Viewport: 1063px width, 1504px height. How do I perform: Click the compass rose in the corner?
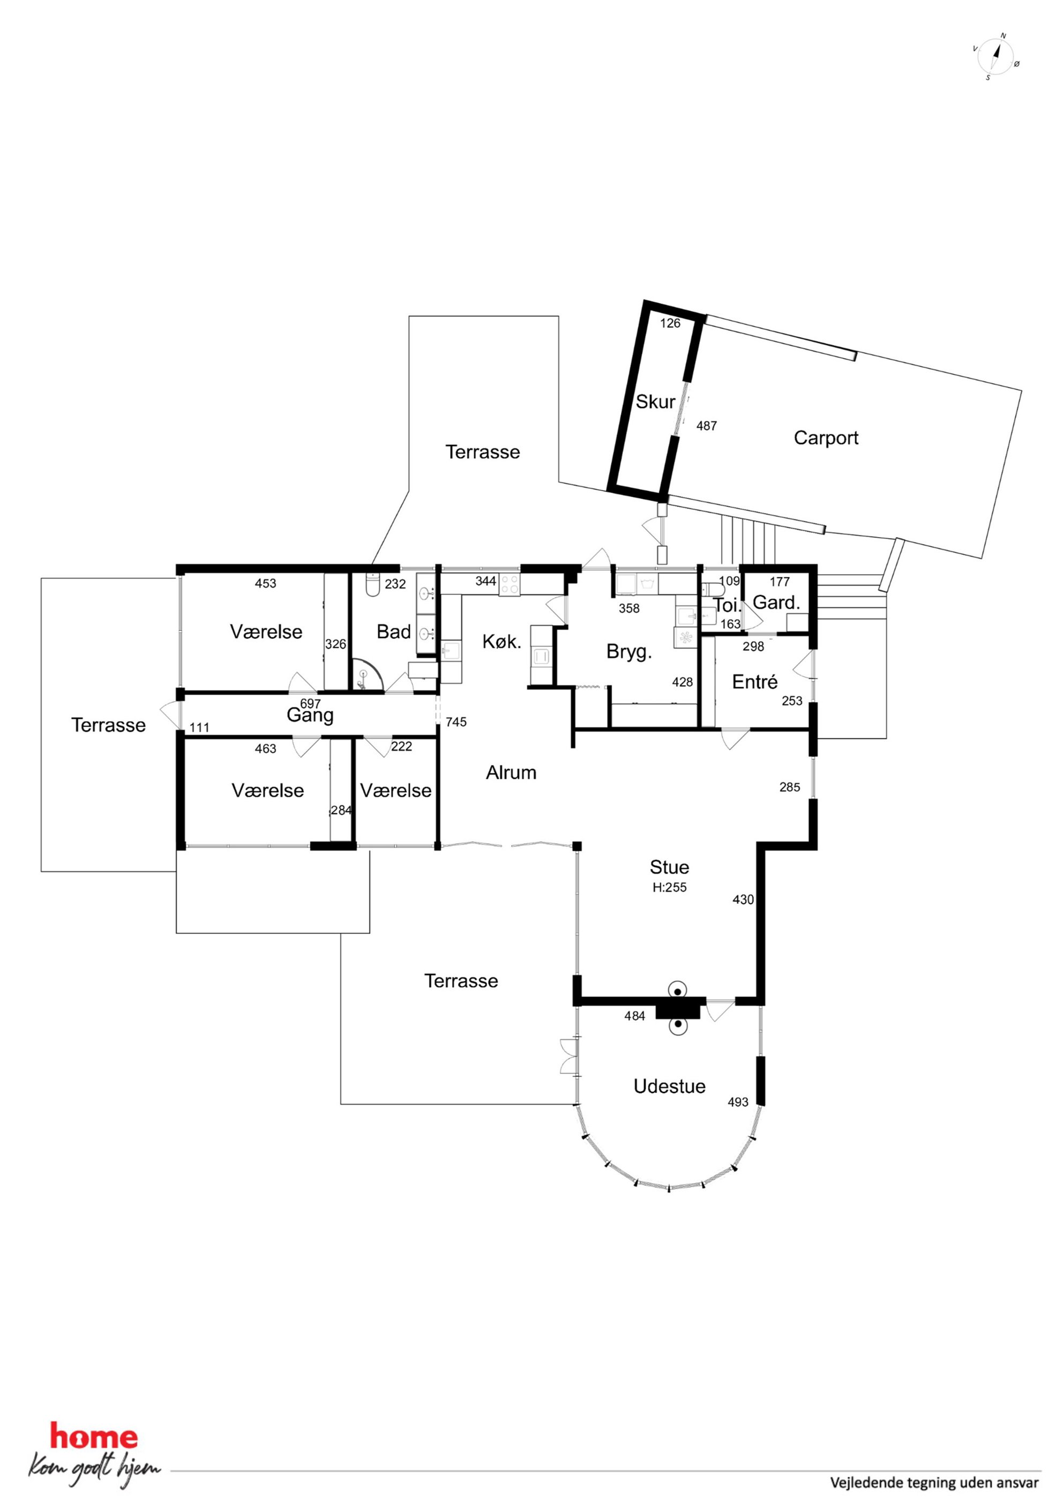(x=995, y=56)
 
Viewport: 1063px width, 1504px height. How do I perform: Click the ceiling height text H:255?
(x=669, y=887)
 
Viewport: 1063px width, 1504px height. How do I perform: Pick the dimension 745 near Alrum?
(x=456, y=722)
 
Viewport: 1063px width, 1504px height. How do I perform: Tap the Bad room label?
(x=394, y=631)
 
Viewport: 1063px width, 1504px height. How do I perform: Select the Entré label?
(x=754, y=682)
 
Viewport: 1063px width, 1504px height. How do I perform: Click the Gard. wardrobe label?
(x=776, y=602)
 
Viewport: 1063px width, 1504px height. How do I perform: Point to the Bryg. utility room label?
(x=629, y=652)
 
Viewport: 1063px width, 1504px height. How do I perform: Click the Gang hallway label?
(x=310, y=716)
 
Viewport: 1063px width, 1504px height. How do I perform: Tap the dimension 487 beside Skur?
(x=706, y=426)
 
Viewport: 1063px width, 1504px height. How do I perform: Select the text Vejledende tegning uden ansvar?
(x=934, y=1483)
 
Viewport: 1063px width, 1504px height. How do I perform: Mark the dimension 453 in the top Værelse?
(x=265, y=583)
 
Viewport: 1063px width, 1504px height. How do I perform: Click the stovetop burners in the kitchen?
(x=510, y=584)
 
